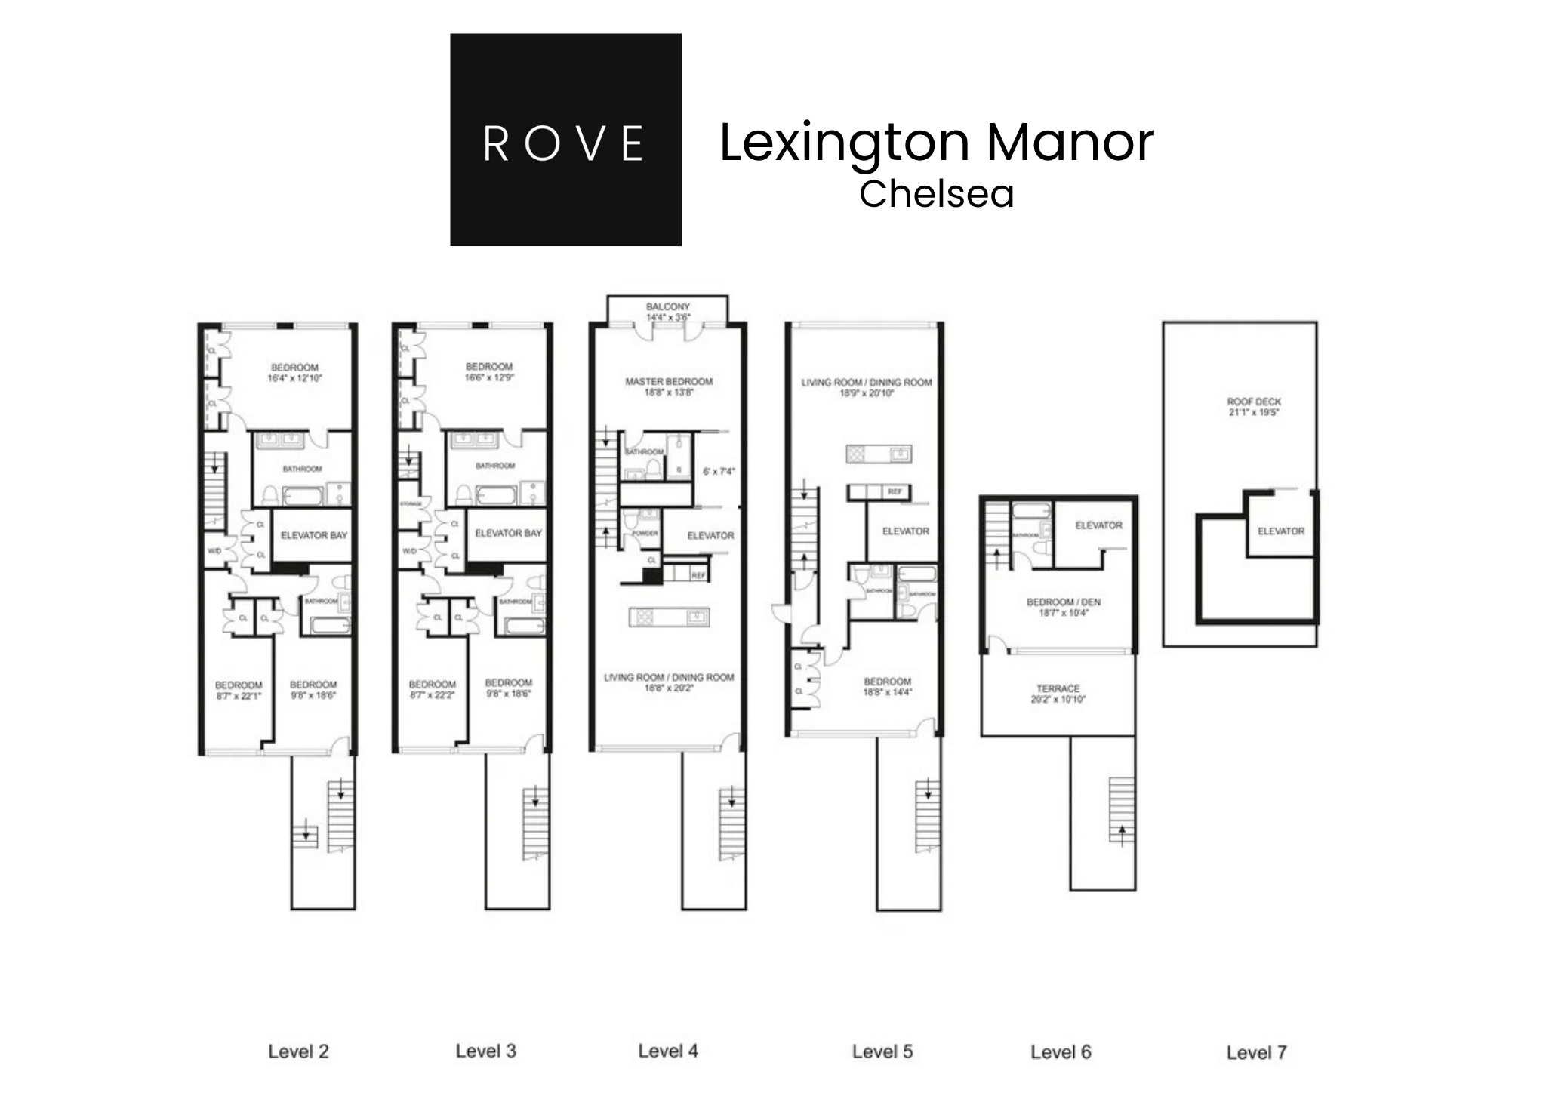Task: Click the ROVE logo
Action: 565,140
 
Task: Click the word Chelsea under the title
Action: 936,194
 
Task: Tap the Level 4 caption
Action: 668,1051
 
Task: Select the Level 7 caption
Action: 1256,1052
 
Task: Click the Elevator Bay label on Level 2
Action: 314,535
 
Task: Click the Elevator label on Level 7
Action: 1280,531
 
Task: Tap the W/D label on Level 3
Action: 409,551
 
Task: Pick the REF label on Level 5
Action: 895,491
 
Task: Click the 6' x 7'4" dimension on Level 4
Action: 718,472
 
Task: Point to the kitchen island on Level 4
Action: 669,617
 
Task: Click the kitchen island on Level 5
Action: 878,454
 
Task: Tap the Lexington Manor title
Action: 936,142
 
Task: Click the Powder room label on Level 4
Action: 645,533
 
